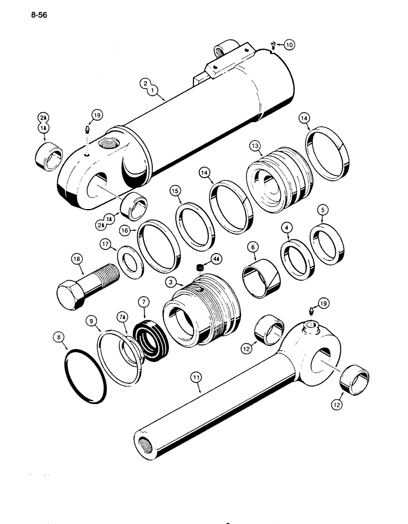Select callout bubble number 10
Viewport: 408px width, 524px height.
(289, 45)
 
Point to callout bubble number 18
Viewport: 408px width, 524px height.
(77, 258)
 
